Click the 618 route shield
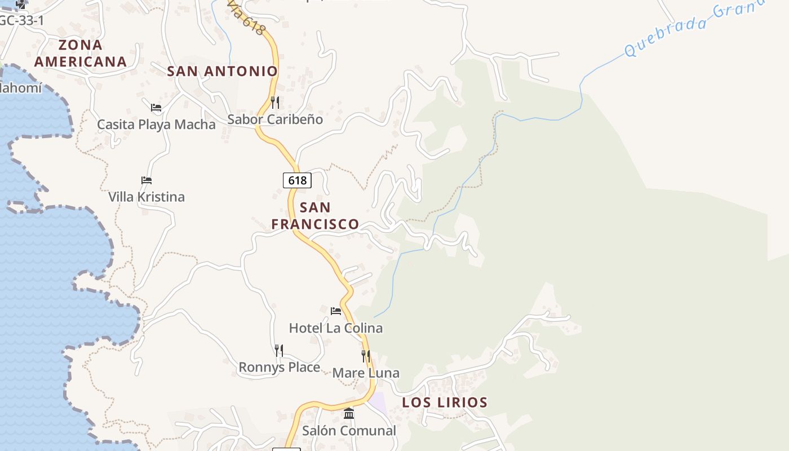tap(297, 180)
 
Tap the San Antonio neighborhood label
tap(223, 71)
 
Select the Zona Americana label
tap(80, 53)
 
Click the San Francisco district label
tap(315, 216)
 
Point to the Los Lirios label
tap(445, 403)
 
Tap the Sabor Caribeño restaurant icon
tap(275, 102)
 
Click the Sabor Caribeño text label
tap(275, 120)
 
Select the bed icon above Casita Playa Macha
tap(156, 107)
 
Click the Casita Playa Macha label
tap(156, 125)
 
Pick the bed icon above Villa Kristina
tap(147, 180)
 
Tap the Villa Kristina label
tap(147, 197)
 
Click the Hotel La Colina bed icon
tap(336, 311)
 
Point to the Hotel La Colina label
tap(336, 328)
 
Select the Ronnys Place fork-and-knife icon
tap(279, 350)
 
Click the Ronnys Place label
tap(280, 368)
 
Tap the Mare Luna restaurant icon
tap(366, 356)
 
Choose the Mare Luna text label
tap(366, 373)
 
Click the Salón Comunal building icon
tap(349, 413)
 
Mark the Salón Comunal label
tap(349, 431)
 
